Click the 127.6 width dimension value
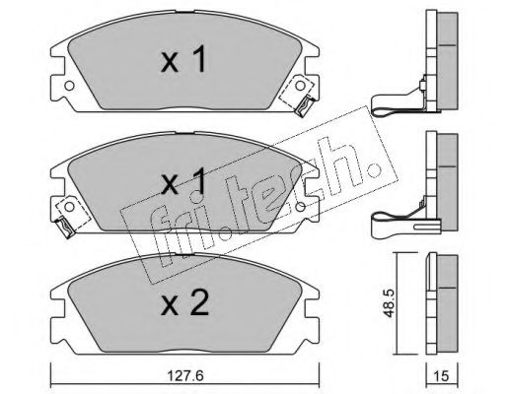[185, 376]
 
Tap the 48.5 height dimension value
[389, 303]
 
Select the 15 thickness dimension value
[441, 376]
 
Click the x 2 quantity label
[184, 303]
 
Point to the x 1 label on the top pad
[183, 59]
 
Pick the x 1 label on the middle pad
[183, 180]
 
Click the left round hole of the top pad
[69, 86]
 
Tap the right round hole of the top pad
[300, 86]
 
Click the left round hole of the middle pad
[69, 207]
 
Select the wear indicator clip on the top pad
[304, 105]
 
